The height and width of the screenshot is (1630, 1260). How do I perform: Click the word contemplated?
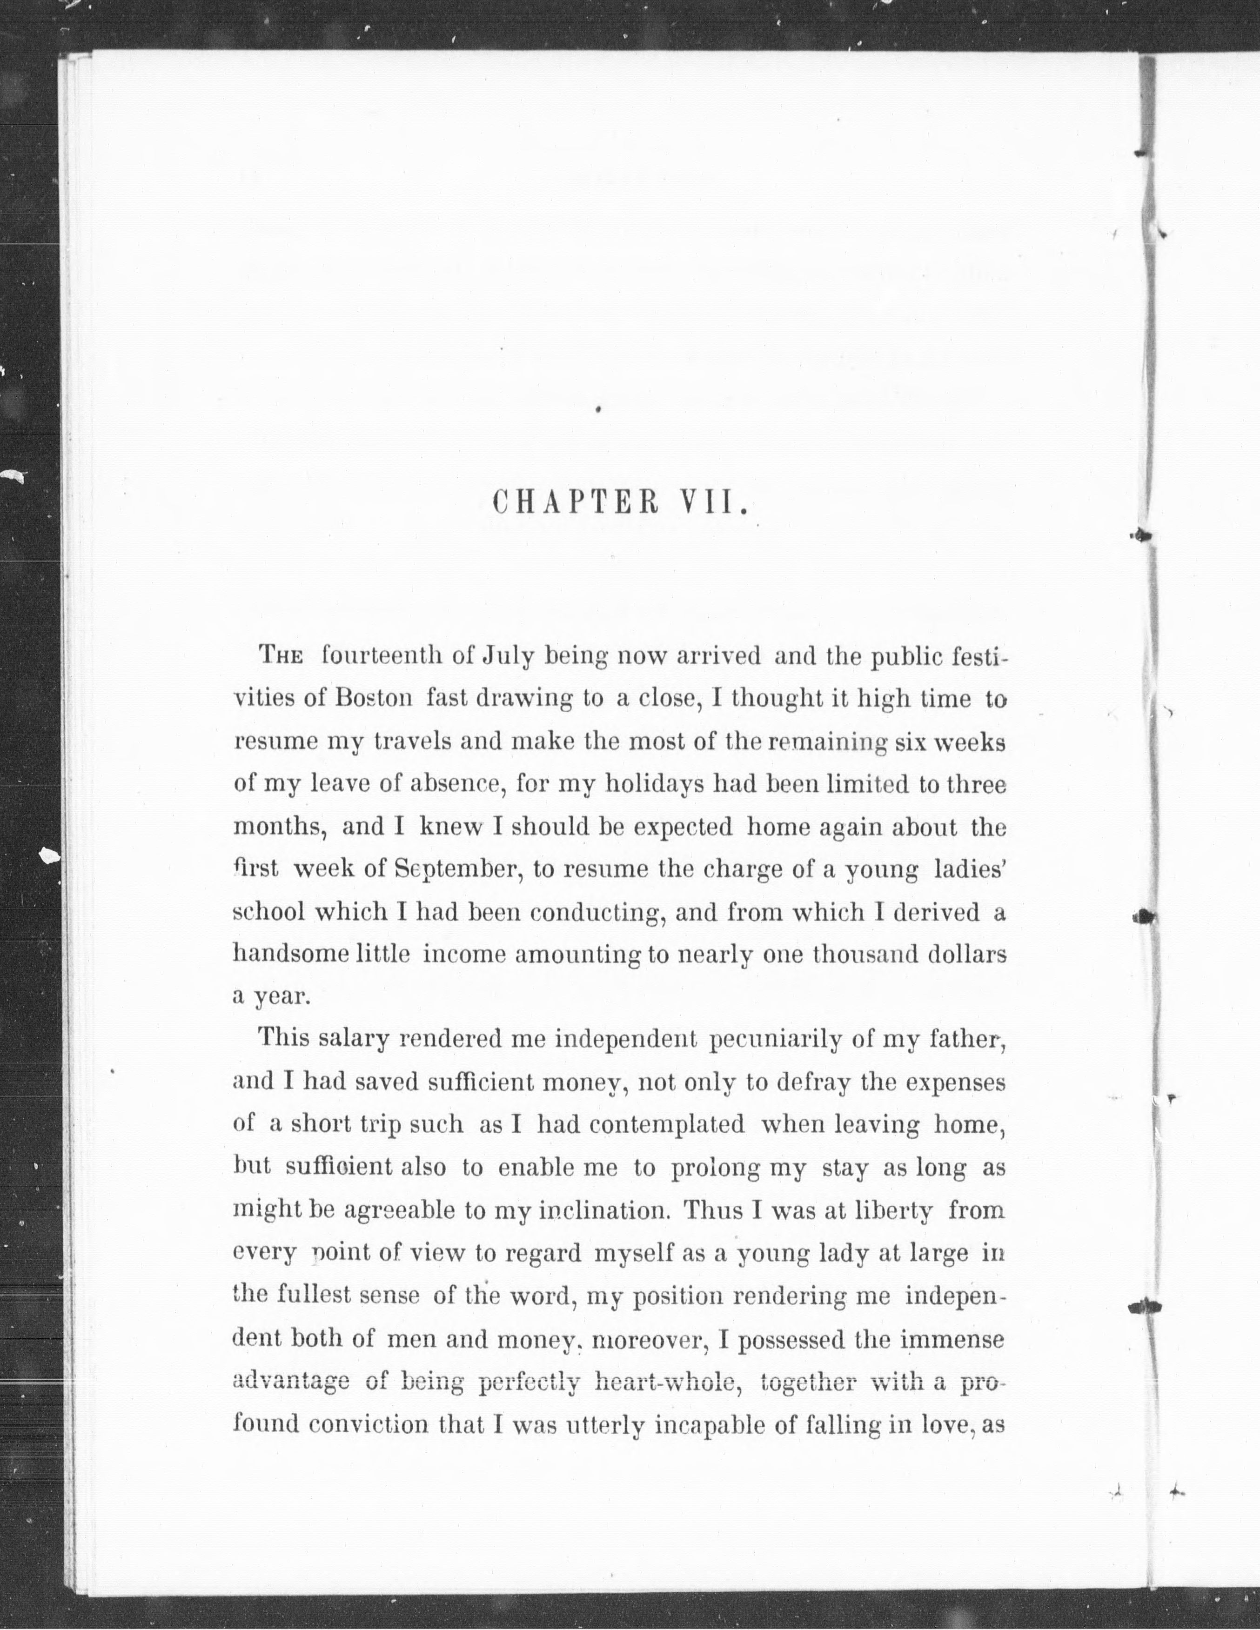[x=667, y=1124]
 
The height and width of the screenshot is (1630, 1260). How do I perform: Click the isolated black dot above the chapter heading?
[x=599, y=408]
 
